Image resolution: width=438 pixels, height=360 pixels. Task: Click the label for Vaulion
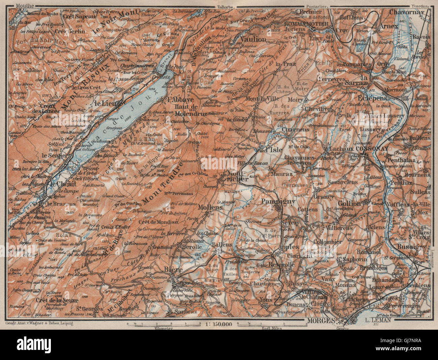click(x=253, y=39)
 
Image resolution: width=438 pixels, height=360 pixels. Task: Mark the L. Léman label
click(x=377, y=321)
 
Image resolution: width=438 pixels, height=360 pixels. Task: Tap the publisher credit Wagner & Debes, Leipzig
click(x=39, y=324)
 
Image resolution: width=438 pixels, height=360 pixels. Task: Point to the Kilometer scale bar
click(x=163, y=324)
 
